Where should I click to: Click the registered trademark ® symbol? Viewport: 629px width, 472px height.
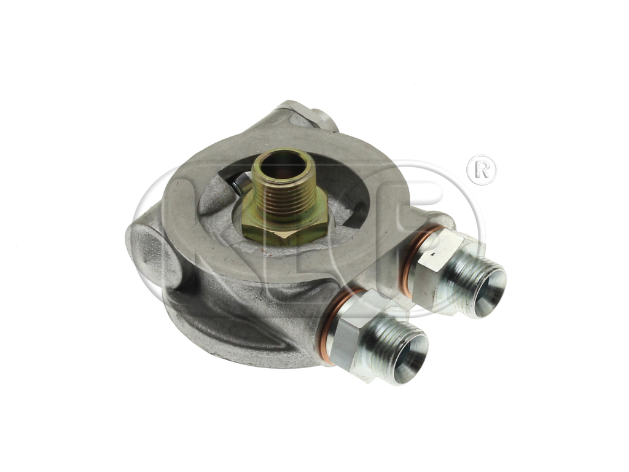[x=482, y=170]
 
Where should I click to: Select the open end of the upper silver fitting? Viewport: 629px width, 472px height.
[x=488, y=293]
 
